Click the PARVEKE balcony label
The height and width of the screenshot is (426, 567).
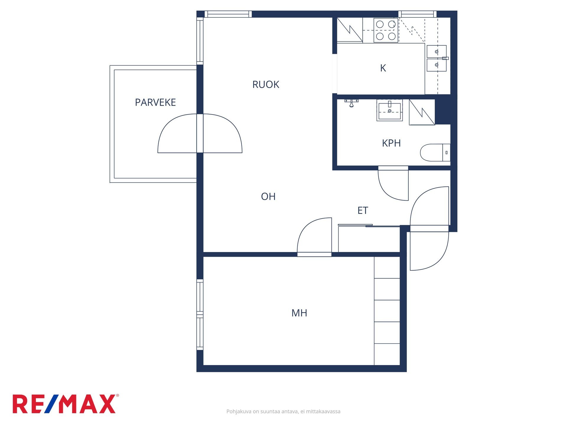pos(155,102)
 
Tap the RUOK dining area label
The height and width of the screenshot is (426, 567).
pos(266,85)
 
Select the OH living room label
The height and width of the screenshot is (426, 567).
pos(268,196)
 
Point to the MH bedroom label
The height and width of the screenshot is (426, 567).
pos(299,313)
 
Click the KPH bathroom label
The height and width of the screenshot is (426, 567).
pos(391,143)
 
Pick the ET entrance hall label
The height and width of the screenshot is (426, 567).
pos(363,210)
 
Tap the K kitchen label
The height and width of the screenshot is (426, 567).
pos(383,68)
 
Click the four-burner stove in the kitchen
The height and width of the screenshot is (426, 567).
pos(386,30)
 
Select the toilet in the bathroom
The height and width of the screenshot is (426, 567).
pos(435,153)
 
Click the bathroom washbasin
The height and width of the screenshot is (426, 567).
pos(390,110)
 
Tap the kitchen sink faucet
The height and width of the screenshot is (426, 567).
pos(445,58)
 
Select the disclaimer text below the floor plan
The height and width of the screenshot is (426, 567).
pos(283,412)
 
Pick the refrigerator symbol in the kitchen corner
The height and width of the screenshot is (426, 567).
pos(350,30)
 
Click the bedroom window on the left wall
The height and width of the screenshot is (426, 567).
pos(200,315)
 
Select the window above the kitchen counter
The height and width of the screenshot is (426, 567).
pos(417,14)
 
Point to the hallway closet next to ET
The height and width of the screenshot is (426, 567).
pos(369,239)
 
